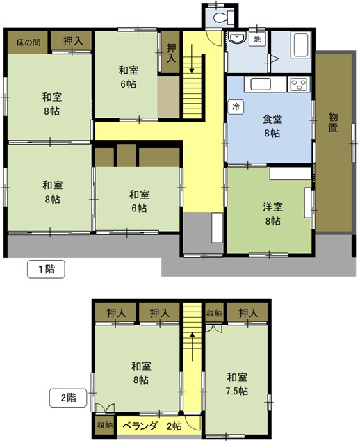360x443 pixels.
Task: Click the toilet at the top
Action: click(224, 17)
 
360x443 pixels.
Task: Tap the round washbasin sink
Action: click(237, 38)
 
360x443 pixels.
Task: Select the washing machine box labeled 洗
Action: click(257, 39)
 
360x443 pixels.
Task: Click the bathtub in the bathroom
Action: click(302, 45)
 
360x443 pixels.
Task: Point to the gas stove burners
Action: click(299, 84)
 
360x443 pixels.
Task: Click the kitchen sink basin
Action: click(261, 84)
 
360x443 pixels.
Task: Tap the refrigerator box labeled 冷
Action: click(236, 107)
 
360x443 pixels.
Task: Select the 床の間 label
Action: click(28, 42)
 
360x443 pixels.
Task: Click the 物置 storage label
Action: click(333, 122)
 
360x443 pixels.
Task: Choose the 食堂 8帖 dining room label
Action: click(272, 126)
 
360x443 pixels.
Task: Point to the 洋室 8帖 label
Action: click(272, 214)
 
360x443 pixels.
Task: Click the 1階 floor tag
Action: click(46, 269)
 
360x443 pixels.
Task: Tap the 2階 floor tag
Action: click(68, 398)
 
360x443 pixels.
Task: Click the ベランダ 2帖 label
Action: click(152, 426)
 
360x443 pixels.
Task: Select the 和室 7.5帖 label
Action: click(237, 384)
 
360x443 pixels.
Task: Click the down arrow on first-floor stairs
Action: click(192, 58)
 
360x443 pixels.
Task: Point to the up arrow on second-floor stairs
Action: click(192, 346)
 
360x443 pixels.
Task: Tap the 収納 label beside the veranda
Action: click(105, 425)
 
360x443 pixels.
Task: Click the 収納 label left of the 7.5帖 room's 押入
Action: click(214, 313)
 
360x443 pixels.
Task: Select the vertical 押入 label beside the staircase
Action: click(171, 53)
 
